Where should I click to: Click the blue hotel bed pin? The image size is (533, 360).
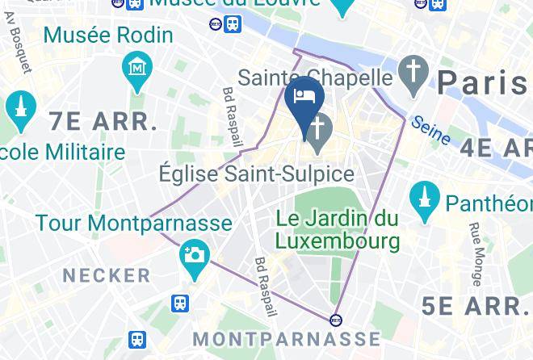click(305, 98)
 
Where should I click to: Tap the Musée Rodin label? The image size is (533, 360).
click(108, 36)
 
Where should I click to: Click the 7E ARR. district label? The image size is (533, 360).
click(103, 122)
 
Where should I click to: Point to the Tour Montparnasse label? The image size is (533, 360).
click(133, 223)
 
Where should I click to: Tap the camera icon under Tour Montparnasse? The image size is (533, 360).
click(195, 256)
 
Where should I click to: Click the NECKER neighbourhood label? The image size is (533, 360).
click(107, 275)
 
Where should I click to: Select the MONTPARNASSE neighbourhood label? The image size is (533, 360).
click(287, 337)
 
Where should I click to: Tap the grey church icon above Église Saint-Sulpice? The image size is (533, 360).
click(319, 129)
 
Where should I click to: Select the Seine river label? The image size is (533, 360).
click(430, 129)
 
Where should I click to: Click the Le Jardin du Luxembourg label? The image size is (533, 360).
click(338, 228)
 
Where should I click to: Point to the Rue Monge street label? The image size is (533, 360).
click(476, 253)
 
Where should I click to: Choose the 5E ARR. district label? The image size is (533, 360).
click(476, 306)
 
